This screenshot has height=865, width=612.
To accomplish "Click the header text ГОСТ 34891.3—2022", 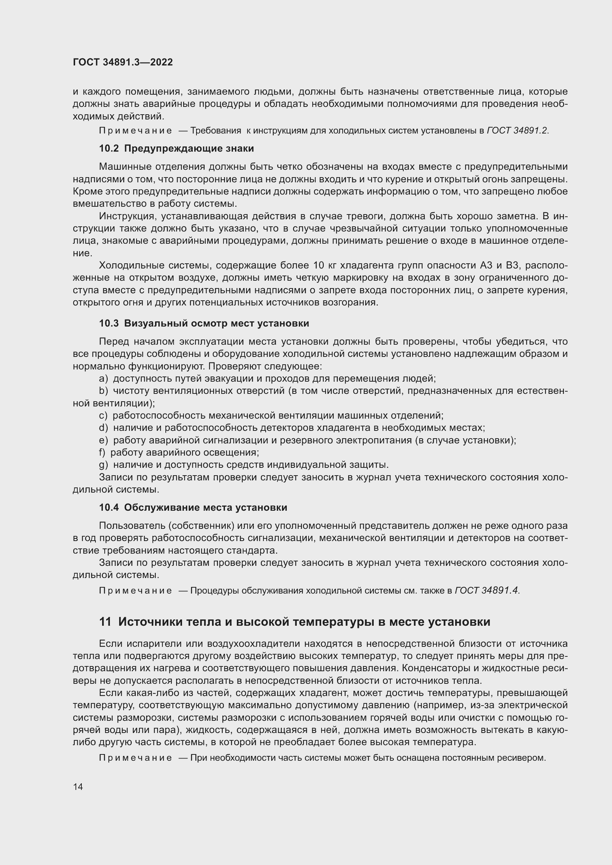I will click(x=122, y=62).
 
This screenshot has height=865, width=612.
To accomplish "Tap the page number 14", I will click(x=78, y=787).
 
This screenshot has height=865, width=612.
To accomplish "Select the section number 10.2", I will click(x=108, y=148).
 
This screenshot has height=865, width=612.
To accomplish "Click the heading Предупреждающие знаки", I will click(x=189, y=148).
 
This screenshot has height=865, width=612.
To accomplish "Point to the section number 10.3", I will click(x=108, y=323).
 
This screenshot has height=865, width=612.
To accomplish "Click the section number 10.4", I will click(x=108, y=507).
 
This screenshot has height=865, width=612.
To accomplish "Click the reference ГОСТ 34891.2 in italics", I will click(x=517, y=131).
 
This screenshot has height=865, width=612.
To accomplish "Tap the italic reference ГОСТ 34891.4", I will click(x=487, y=591).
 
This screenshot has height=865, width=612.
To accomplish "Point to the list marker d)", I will click(x=103, y=428).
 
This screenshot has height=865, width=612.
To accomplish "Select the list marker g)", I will click(x=103, y=465).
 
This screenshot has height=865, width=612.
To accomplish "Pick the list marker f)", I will click(x=102, y=452).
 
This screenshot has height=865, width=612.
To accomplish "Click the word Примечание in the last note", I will click(x=135, y=758).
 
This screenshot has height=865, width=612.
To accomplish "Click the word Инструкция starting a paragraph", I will click(x=127, y=216).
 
